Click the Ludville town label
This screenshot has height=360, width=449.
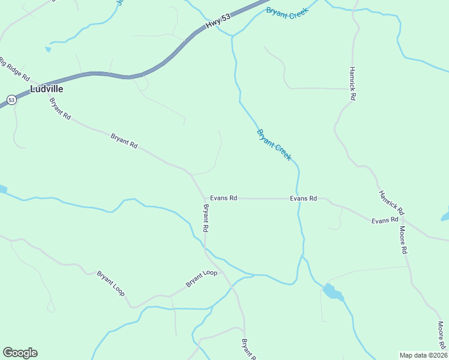tap(46, 88)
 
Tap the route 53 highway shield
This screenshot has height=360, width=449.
tap(11, 100)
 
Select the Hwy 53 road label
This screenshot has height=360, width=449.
tap(217, 23)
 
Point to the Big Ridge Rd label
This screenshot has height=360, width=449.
tap(14, 71)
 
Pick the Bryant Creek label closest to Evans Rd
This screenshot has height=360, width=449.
tap(274, 145)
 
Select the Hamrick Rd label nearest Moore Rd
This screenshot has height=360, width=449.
tap(391, 203)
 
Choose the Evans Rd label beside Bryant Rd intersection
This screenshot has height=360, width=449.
tap(223, 198)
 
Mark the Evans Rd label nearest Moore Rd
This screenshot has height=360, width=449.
tap(385, 221)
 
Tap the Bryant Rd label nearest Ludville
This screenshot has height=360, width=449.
tap(60, 109)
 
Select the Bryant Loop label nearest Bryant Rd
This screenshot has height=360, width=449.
tap(201, 278)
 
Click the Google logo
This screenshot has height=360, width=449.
tap(20, 353)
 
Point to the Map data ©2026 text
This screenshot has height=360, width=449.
tap(423, 355)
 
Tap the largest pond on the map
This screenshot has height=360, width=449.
tap(333, 293)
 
